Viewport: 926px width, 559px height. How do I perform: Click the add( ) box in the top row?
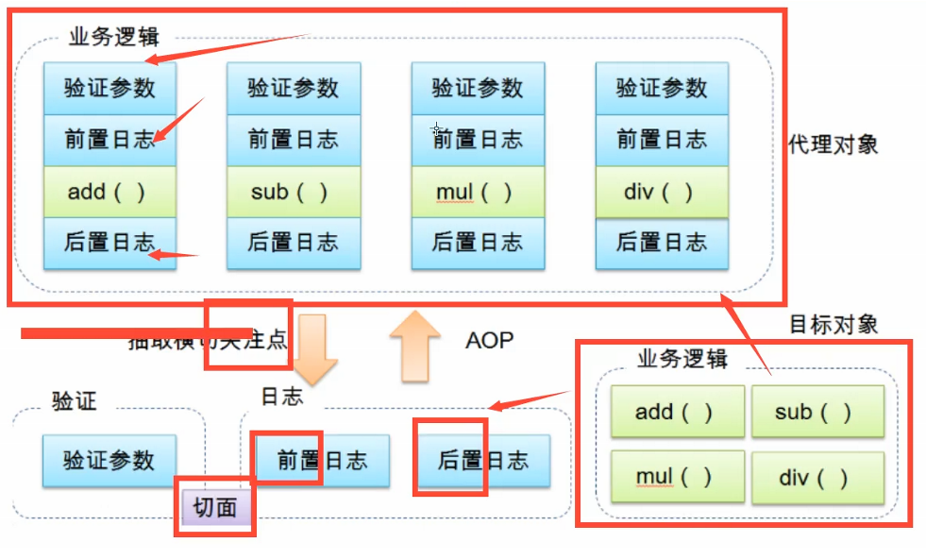(x=109, y=193)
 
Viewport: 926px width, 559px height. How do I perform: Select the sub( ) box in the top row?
(x=293, y=193)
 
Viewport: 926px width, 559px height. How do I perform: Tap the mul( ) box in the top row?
(x=478, y=193)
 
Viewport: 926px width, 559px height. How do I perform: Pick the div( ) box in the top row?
(x=662, y=193)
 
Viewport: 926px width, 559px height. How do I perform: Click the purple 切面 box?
(x=215, y=508)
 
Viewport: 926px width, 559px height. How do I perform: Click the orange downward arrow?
(x=315, y=348)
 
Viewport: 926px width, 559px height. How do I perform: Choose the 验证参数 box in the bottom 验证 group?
(x=109, y=461)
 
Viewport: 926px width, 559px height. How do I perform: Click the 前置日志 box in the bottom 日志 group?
(x=322, y=461)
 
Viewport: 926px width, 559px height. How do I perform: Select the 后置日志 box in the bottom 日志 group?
(x=483, y=461)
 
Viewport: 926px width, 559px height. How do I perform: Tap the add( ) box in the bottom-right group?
(x=674, y=413)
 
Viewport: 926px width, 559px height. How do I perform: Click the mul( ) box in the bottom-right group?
(x=674, y=478)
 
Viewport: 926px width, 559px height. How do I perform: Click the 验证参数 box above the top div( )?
(x=662, y=89)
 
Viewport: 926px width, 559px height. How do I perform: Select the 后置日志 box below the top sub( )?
(x=293, y=243)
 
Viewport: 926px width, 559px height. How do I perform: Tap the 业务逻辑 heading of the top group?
(x=114, y=38)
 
